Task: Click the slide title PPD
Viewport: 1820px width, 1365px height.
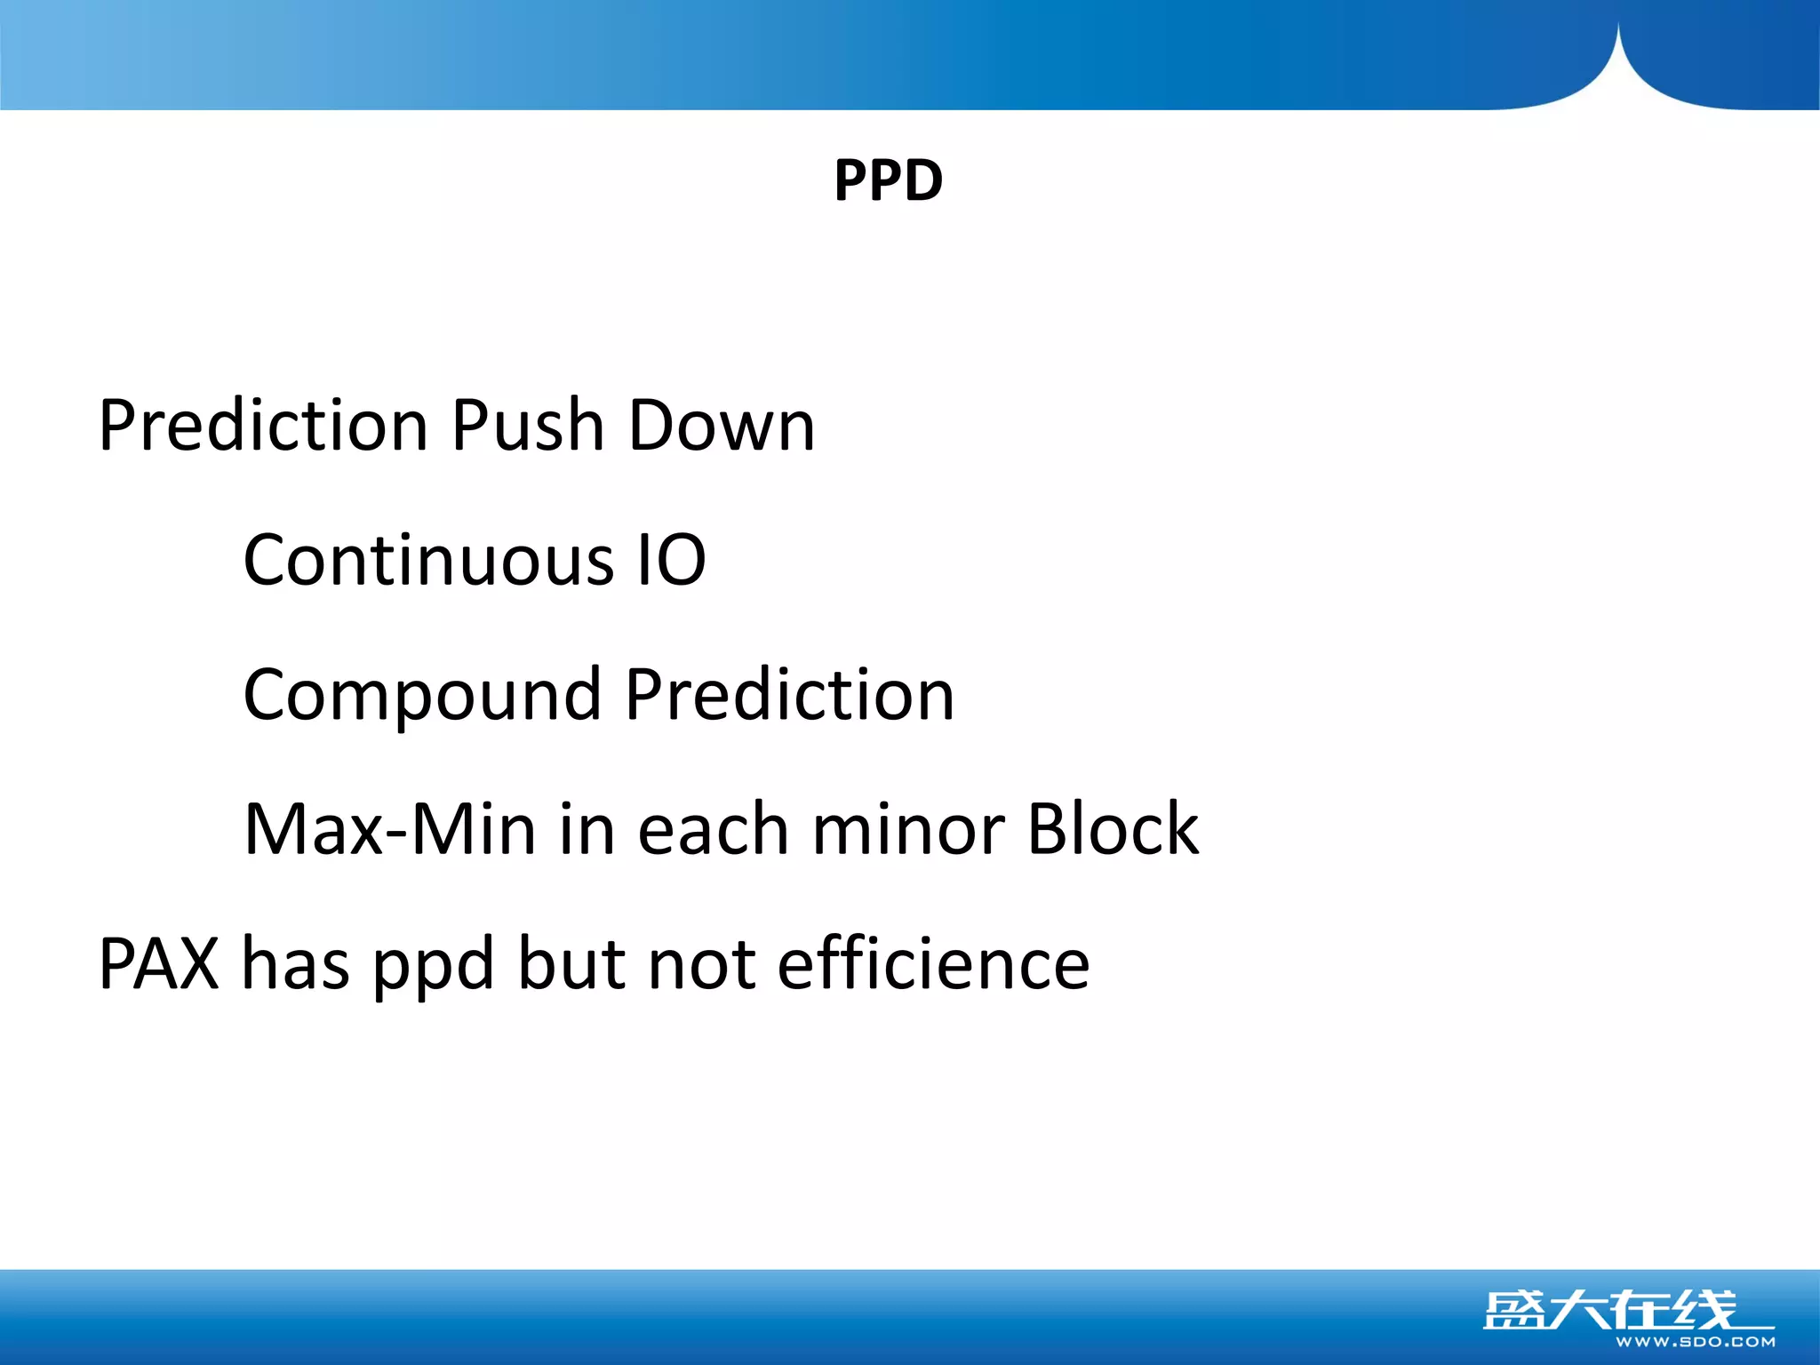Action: click(x=888, y=180)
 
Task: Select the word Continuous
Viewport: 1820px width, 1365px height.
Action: click(x=428, y=560)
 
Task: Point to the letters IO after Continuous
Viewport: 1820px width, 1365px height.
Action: click(x=672, y=560)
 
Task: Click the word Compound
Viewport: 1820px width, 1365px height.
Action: click(x=422, y=696)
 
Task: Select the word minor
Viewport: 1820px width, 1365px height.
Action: click(x=907, y=829)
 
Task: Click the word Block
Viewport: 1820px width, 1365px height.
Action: click(x=1113, y=829)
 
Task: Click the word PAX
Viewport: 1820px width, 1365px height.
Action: click(x=158, y=964)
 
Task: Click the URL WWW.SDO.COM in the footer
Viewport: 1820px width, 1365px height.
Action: click(x=1695, y=1342)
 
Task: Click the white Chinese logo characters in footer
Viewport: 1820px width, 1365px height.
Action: click(x=1608, y=1310)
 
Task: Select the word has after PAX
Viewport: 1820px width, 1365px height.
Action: click(x=295, y=964)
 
